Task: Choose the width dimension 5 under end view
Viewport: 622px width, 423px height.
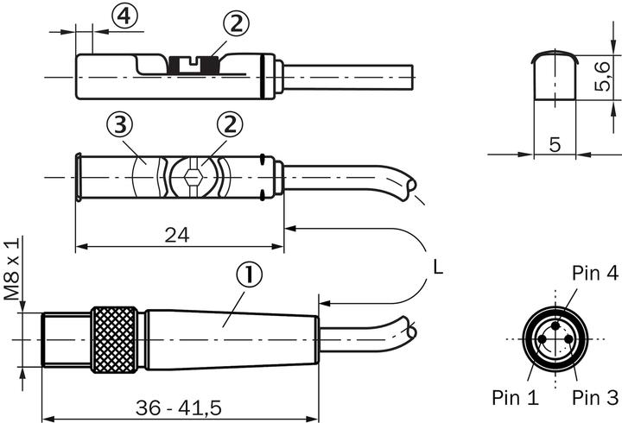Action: (554, 145)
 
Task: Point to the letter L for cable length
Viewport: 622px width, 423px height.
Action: (438, 268)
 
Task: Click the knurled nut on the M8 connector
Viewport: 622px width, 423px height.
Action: (116, 338)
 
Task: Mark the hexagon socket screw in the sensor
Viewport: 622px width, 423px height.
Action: (194, 179)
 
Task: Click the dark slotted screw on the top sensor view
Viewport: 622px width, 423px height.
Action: (194, 64)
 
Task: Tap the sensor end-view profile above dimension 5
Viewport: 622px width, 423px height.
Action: (554, 76)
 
